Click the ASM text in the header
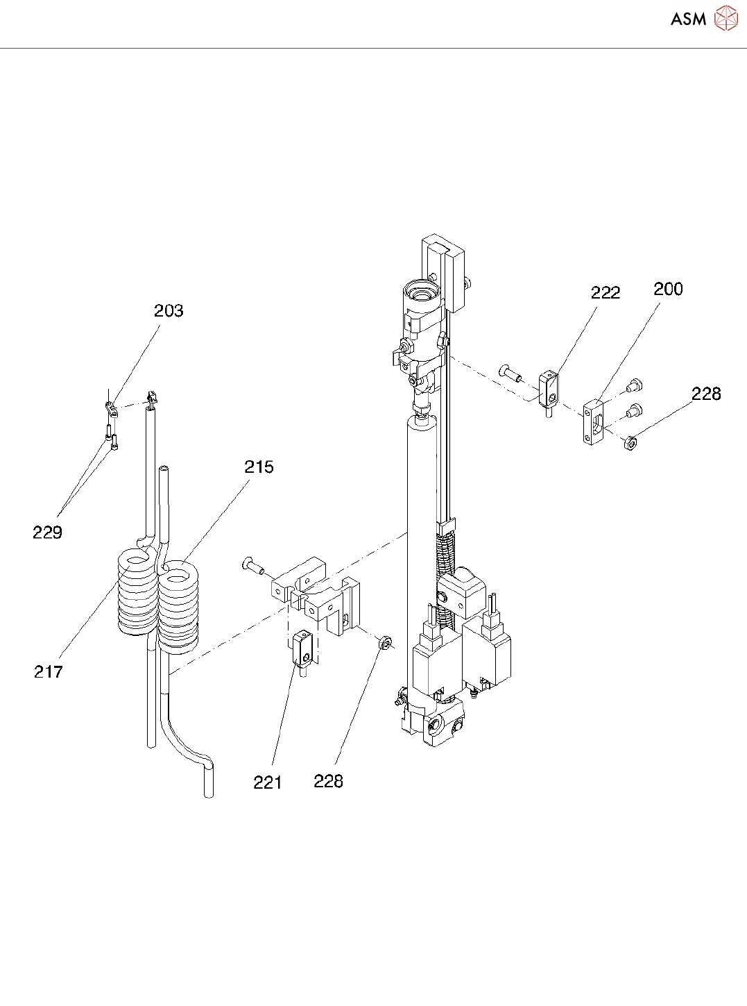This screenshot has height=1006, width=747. tap(688, 19)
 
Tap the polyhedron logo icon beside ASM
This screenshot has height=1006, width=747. tap(725, 19)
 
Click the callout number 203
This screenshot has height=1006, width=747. tap(169, 311)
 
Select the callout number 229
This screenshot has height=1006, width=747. tap(47, 533)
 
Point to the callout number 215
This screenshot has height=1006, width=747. tap(259, 467)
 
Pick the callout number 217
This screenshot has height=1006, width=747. tap(48, 671)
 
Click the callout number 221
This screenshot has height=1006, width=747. tap(267, 782)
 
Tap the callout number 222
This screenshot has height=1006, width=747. tap(605, 293)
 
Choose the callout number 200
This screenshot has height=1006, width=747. tap(668, 290)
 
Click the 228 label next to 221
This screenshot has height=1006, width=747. tap(328, 782)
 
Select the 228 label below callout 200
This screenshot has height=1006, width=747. tap(706, 394)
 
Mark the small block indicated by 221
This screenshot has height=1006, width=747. tap(302, 648)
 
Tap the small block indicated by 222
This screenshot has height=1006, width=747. tap(549, 389)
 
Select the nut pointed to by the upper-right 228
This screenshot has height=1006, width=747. tap(630, 442)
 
